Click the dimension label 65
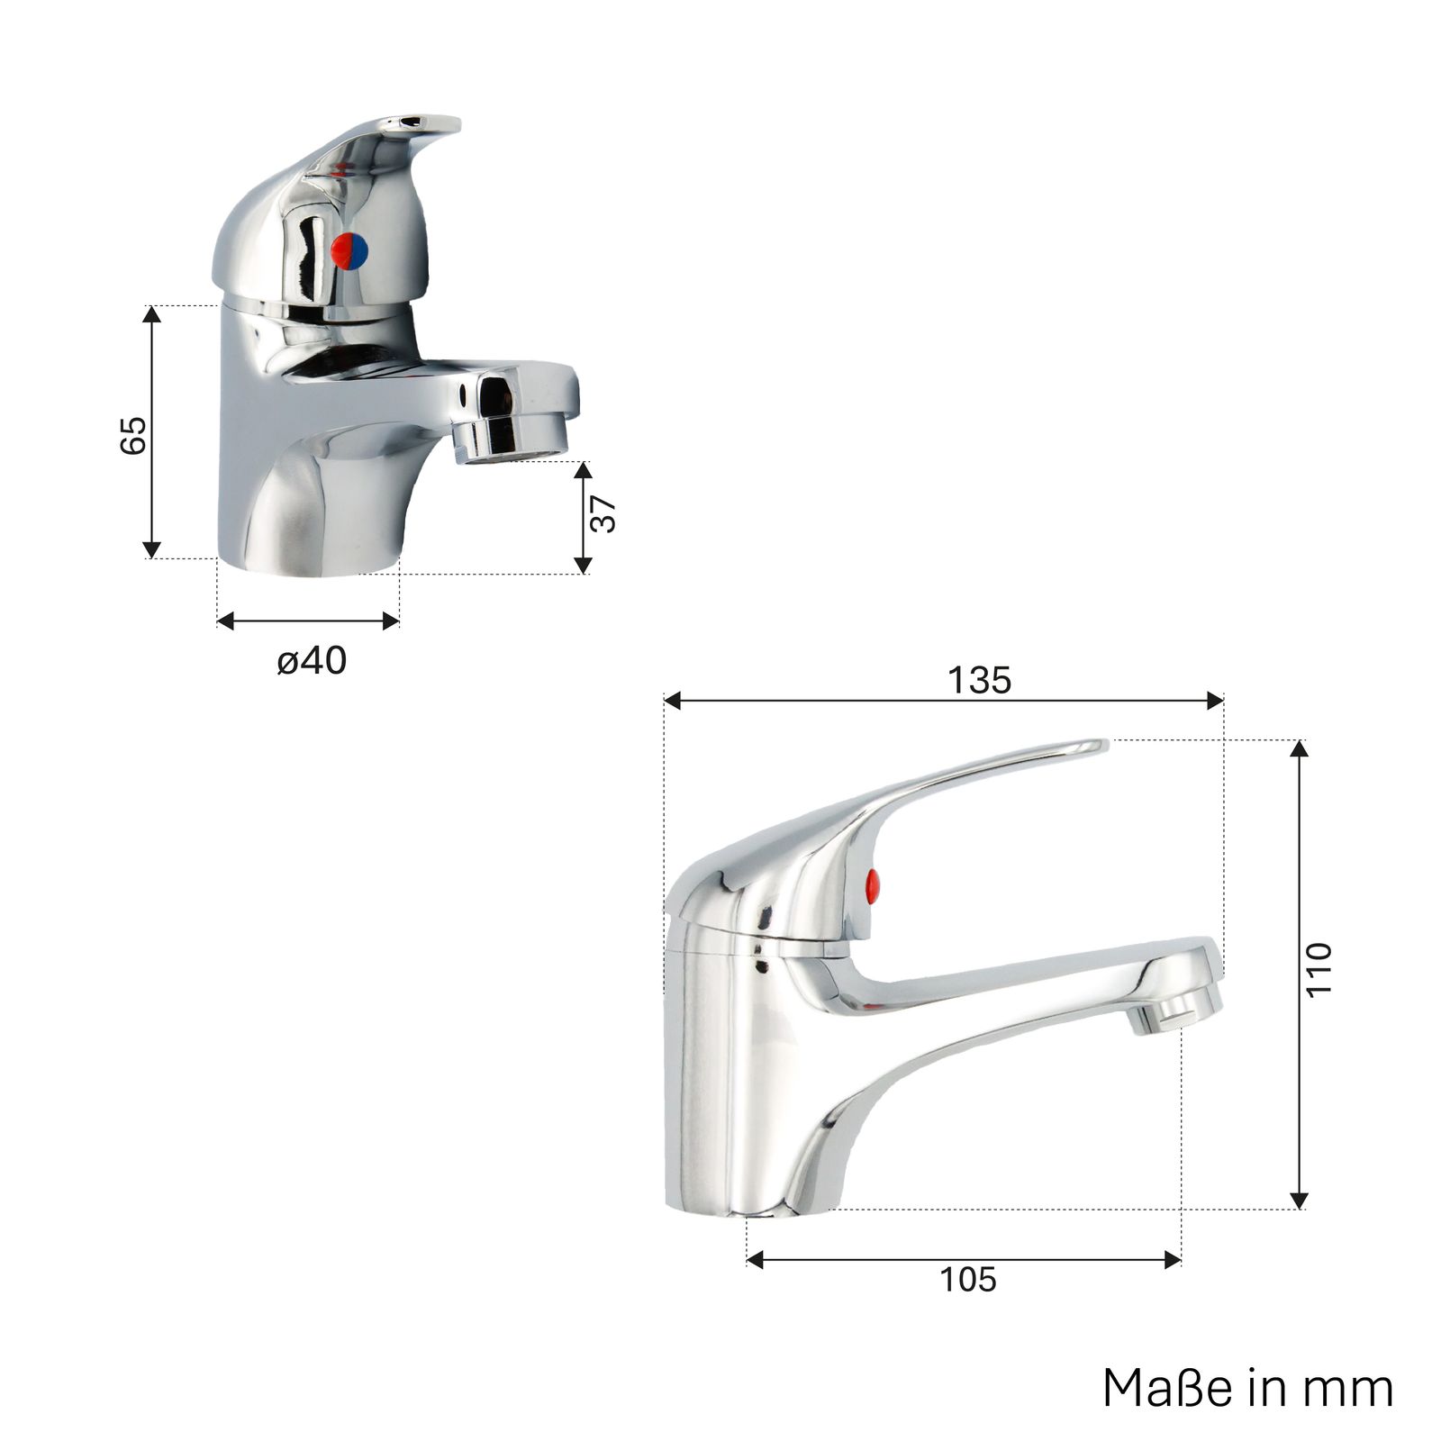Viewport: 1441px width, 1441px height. click(133, 434)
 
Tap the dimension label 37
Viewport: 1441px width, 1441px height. click(603, 514)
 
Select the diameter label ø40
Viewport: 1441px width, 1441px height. click(312, 661)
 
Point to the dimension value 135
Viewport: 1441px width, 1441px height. click(980, 680)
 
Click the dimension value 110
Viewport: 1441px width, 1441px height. click(1319, 969)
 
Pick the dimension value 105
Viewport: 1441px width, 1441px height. click(968, 1280)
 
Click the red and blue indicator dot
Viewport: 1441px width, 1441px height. click(349, 250)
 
